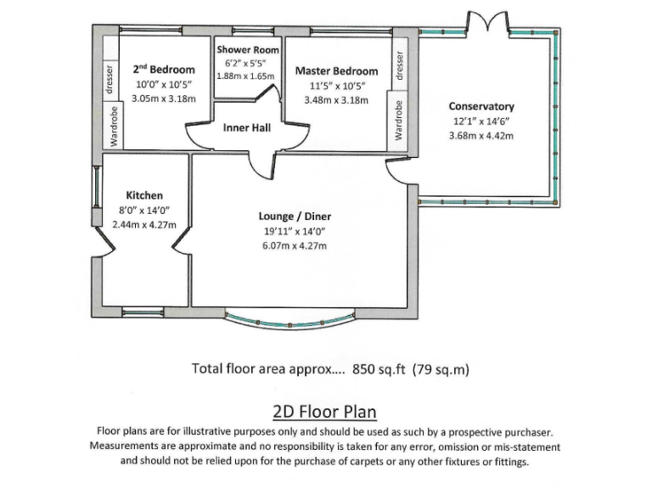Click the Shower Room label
click(x=247, y=50)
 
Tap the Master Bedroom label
click(x=336, y=70)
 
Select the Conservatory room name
click(x=481, y=107)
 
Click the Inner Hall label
click(x=247, y=128)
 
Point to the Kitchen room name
click(x=144, y=195)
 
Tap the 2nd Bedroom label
click(x=164, y=70)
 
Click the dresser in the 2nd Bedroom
click(x=110, y=79)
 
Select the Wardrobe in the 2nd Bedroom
click(x=110, y=126)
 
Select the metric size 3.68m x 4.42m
click(x=481, y=136)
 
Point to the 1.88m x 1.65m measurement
click(x=247, y=76)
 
